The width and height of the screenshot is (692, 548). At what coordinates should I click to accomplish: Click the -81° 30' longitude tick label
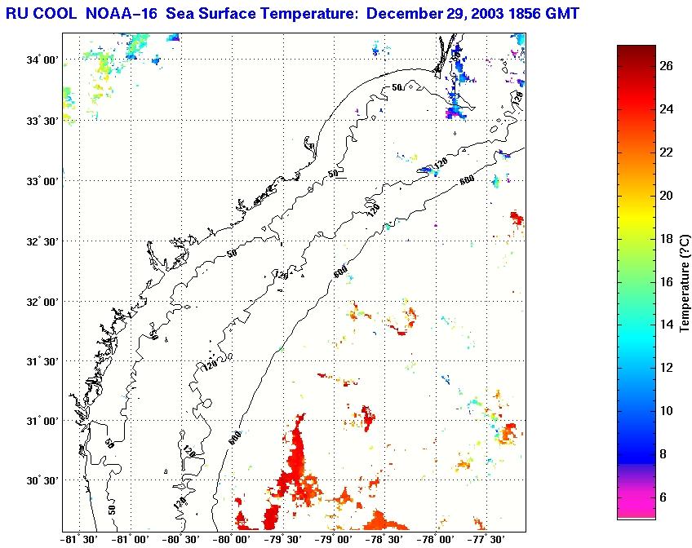[x=80, y=539]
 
